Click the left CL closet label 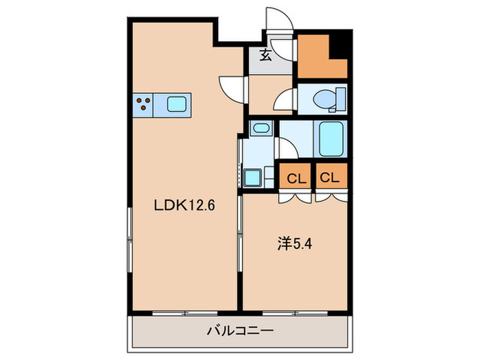pos(296,178)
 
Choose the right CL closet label pos(330,178)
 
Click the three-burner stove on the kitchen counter pos(144,105)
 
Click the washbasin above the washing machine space pos(261,128)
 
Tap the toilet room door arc pos(284,102)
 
